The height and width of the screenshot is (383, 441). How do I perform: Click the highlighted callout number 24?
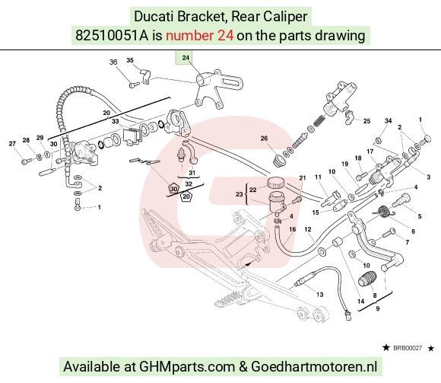pyautogui.click(x=186, y=58)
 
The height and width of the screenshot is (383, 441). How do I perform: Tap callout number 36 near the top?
pyautogui.click(x=113, y=62)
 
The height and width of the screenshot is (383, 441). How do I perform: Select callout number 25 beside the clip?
pyautogui.click(x=366, y=121)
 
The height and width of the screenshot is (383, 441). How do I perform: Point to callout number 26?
pyautogui.click(x=264, y=139)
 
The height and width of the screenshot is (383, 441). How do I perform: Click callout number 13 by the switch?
pyautogui.click(x=320, y=295)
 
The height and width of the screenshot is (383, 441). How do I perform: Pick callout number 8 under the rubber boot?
pyautogui.click(x=375, y=295)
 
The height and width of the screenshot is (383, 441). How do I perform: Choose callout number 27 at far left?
pyautogui.click(x=12, y=144)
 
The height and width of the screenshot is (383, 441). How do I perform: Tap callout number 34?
pyautogui.click(x=388, y=121)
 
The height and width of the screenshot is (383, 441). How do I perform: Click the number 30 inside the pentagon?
pyautogui.click(x=174, y=189)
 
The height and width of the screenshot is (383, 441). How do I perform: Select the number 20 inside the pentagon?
pyautogui.click(x=186, y=196)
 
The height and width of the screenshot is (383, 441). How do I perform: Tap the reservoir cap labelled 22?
pyautogui.click(x=275, y=183)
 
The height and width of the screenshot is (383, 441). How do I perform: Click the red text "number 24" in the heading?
pyautogui.click(x=199, y=36)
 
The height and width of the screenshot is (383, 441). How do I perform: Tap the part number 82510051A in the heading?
pyautogui.click(x=112, y=36)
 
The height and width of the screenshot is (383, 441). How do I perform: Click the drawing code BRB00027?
pyautogui.click(x=408, y=348)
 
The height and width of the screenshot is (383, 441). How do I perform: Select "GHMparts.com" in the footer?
pyautogui.click(x=187, y=367)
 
